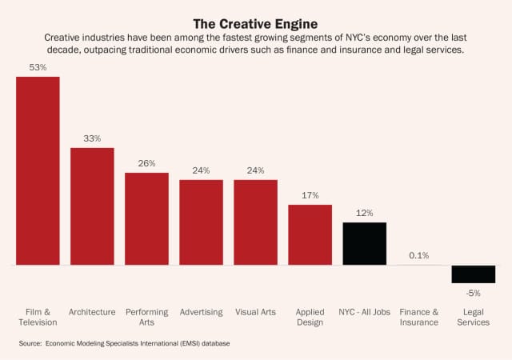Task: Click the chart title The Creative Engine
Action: pyautogui.click(x=256, y=23)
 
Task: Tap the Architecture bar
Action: pyautogui.click(x=92, y=206)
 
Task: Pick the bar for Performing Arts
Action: pyautogui.click(x=146, y=218)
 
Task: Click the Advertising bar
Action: pyautogui.click(x=201, y=222)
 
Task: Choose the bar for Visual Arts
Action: pyautogui.click(x=255, y=222)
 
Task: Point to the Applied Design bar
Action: pyautogui.click(x=310, y=234)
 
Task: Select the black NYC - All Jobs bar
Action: pyautogui.click(x=364, y=243)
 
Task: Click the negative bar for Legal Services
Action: pyautogui.click(x=473, y=274)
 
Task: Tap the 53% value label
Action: pyautogui.click(x=38, y=68)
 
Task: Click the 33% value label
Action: pyautogui.click(x=92, y=138)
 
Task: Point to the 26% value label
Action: pyautogui.click(x=146, y=163)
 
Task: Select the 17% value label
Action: pyautogui.click(x=310, y=195)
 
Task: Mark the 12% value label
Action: pyautogui.click(x=364, y=213)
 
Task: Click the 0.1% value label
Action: pyautogui.click(x=418, y=255)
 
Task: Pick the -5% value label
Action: pyautogui.click(x=473, y=293)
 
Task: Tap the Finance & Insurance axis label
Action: pyautogui.click(x=418, y=317)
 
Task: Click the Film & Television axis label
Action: pyautogui.click(x=38, y=317)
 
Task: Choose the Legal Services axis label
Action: pyautogui.click(x=473, y=317)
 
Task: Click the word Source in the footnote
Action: pyautogui.click(x=29, y=343)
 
